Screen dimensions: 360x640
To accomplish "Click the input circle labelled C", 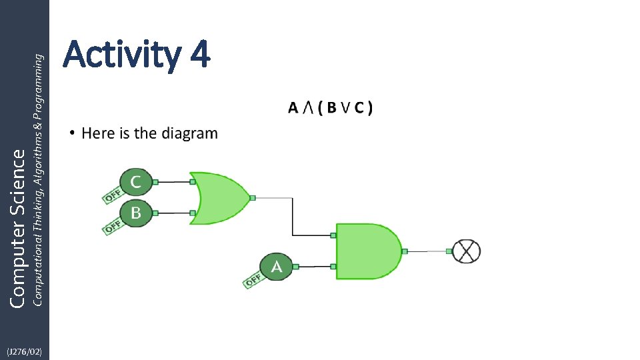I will coord(135,181).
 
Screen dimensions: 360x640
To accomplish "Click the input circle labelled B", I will coord(135,213).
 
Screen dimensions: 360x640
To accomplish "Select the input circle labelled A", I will coord(276,267).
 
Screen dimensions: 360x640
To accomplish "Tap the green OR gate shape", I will coord(220,198).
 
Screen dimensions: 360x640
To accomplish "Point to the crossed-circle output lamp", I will coord(467,251).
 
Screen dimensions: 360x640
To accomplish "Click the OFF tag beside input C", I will coord(111,194).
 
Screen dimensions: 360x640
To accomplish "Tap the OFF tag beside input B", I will coord(111,226).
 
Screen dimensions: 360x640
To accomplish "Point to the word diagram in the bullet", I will coord(189,133).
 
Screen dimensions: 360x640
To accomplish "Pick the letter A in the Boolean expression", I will coord(293,107).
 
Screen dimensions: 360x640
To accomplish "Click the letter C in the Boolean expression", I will coord(359,107).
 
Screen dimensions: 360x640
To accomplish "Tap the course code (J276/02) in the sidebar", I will coord(24,351).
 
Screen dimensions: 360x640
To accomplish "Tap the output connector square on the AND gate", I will coord(405,251).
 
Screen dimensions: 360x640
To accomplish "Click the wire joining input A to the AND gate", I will coord(314,267).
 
